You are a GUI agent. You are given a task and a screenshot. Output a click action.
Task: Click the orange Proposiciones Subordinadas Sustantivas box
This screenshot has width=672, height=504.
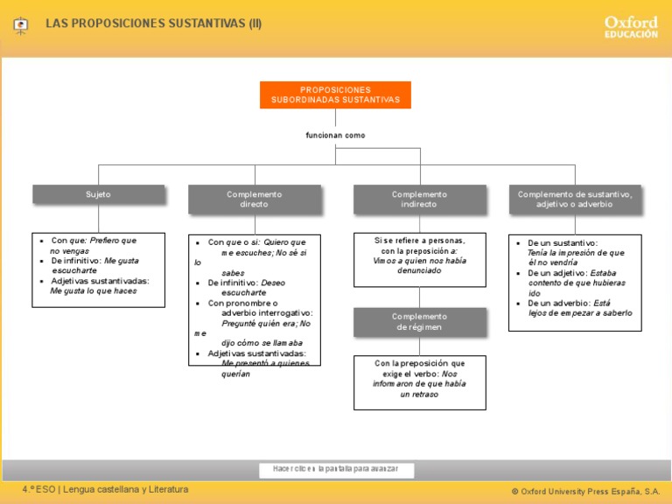335,94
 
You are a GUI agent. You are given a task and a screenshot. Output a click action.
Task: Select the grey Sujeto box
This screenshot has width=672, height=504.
98,194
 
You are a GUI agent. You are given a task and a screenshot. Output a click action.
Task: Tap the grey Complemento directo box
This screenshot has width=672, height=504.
254,199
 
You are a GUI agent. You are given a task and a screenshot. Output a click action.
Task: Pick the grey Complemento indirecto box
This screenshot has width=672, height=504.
419,199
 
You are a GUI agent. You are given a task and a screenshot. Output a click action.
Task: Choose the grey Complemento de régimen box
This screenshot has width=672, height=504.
419,322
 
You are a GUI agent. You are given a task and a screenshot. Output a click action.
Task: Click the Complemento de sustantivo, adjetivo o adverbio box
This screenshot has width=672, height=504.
575,199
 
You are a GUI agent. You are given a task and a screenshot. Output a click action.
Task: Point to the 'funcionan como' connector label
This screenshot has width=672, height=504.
335,136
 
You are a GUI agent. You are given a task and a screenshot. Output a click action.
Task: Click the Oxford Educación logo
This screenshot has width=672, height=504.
630,26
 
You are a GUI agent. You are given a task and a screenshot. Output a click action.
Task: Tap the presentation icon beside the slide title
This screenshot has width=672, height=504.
21,25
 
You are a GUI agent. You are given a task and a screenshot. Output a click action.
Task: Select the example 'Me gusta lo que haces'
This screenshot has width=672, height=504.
94,291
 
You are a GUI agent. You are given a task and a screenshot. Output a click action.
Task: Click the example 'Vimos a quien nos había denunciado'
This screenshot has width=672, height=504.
419,265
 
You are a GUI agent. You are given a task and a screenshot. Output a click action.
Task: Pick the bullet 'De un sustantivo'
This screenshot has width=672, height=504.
563,242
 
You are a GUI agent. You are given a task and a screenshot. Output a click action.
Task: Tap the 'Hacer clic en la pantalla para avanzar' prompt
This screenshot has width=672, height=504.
335,469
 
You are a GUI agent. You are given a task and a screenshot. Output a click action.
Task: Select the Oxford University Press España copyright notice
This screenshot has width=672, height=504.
585,492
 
